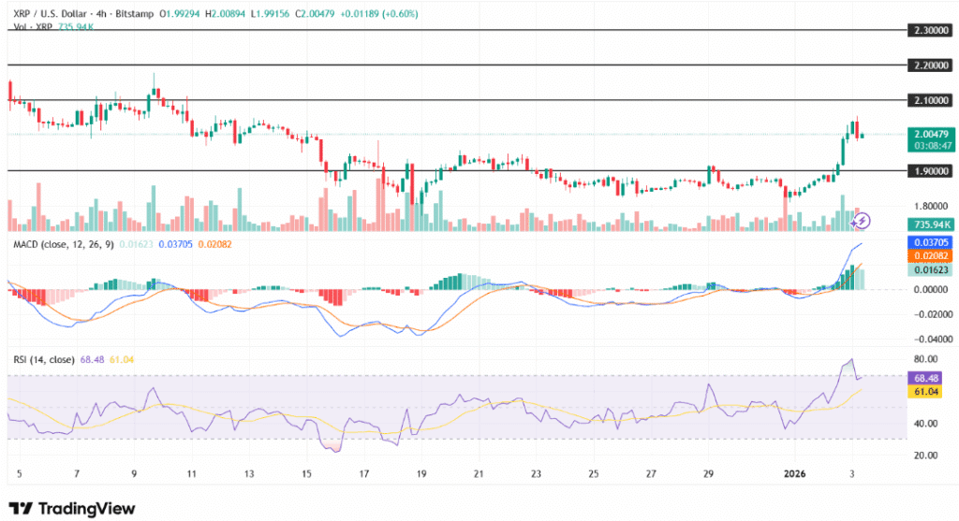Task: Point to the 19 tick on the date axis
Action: click(x=421, y=472)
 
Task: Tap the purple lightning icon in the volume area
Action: click(x=863, y=221)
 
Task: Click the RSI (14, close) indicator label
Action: click(x=43, y=359)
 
